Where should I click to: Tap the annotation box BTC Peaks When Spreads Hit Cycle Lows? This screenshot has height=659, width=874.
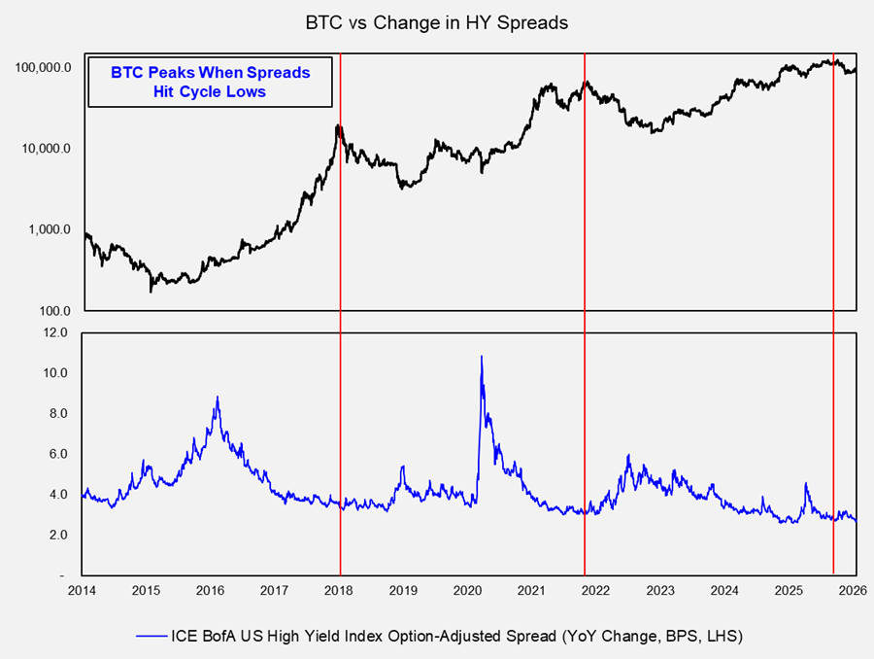[x=210, y=82]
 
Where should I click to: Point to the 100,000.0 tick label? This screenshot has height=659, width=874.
[x=43, y=68]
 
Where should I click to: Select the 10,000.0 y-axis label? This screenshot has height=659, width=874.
[x=46, y=149]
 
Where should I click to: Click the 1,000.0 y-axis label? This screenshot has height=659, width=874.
[x=49, y=230]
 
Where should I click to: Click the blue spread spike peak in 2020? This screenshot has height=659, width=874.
[x=482, y=357]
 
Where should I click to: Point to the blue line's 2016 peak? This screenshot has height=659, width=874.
[x=217, y=397]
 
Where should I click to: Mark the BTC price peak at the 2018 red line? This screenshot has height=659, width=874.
[x=338, y=125]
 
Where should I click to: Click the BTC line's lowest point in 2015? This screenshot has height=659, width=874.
[x=151, y=291]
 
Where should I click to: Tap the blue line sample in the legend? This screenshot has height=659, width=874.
[x=153, y=637]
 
